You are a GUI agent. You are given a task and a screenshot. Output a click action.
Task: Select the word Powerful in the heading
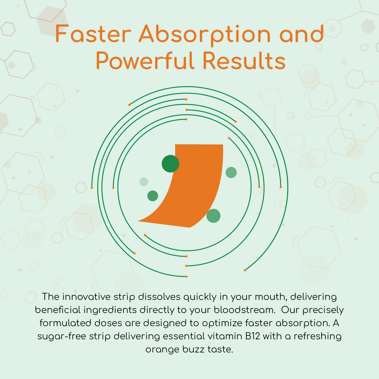point(145,60)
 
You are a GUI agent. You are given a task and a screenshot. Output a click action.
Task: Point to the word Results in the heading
point(244,60)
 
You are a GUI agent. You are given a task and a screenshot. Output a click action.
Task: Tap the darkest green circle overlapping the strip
point(171,164)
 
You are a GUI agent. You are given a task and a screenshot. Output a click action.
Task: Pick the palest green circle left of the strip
point(144,182)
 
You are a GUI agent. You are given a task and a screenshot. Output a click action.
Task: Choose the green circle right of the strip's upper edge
point(231,173)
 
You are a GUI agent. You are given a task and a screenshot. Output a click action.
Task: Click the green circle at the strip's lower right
point(214,216)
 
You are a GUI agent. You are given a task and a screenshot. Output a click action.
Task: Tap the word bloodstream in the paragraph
point(245,310)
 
